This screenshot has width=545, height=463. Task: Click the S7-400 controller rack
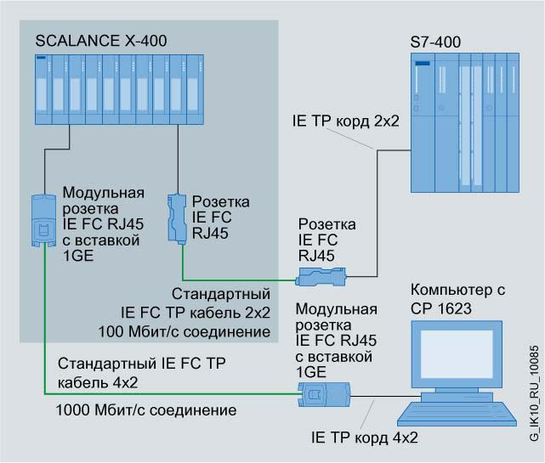coord(463,114)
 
